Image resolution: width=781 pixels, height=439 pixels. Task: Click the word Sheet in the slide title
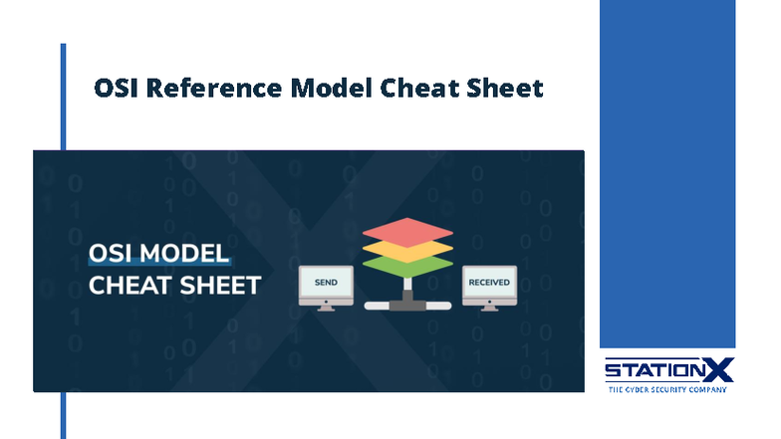(505, 88)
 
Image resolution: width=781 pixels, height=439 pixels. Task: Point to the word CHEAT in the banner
(127, 285)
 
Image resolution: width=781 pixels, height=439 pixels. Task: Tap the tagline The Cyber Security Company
(667, 389)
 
